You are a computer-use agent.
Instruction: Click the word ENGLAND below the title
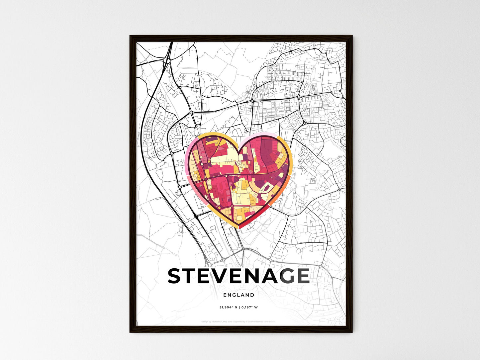(239, 295)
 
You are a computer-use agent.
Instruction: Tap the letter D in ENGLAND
(252, 295)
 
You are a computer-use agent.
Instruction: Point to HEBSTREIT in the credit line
(216, 322)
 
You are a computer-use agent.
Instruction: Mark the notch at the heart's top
(239, 146)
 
